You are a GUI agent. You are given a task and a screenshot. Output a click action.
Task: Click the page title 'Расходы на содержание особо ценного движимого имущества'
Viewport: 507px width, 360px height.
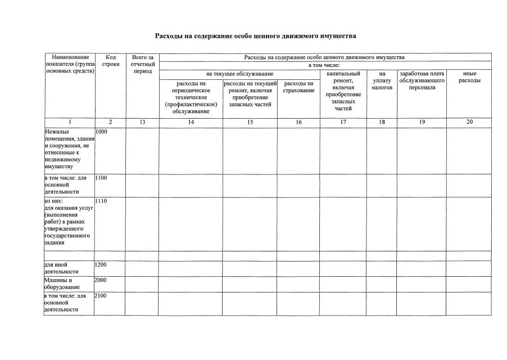[x=255, y=36]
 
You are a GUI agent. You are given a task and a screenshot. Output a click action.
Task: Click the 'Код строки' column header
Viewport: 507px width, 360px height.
[x=110, y=61]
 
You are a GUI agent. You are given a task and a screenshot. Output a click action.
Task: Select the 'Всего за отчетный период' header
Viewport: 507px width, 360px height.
[x=142, y=64]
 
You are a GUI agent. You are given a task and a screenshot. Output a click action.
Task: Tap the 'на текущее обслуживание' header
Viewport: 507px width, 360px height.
[x=239, y=74]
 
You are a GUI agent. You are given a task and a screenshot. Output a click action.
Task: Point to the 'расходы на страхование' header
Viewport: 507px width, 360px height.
[x=298, y=87]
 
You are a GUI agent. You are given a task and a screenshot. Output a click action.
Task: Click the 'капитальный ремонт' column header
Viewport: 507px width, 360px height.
[x=343, y=91]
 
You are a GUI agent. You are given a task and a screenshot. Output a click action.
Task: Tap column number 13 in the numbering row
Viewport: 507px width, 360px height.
[x=142, y=122]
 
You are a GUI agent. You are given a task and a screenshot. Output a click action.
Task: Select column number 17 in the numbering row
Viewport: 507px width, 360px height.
[x=343, y=122]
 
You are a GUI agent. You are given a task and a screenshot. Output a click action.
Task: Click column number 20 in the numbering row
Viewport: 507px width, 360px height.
[x=469, y=122]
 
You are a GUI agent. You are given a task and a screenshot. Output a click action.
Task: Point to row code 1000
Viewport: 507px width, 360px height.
[x=102, y=132]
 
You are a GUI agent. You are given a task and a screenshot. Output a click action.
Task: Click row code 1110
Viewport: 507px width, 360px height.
[x=102, y=201]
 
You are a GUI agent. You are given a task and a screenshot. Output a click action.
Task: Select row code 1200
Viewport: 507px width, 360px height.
[x=102, y=264]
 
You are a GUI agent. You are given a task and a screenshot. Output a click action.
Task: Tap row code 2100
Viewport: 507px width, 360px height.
[x=102, y=295]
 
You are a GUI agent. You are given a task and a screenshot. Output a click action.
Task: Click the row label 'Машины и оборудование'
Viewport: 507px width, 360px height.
[x=58, y=283]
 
